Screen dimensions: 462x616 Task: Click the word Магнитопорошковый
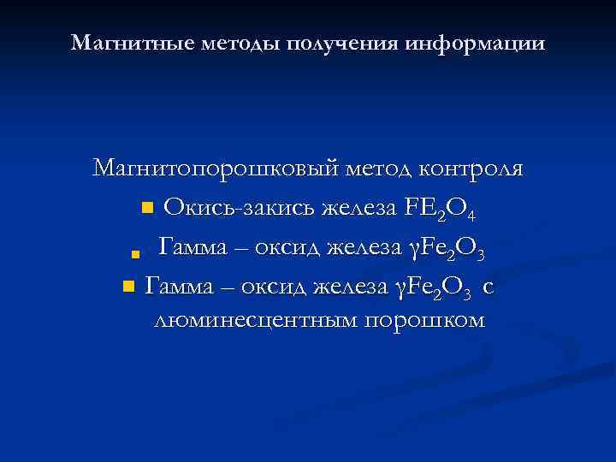[x=217, y=169]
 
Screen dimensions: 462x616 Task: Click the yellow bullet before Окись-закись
[x=146, y=208]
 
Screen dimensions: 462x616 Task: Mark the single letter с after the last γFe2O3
[x=488, y=287]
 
